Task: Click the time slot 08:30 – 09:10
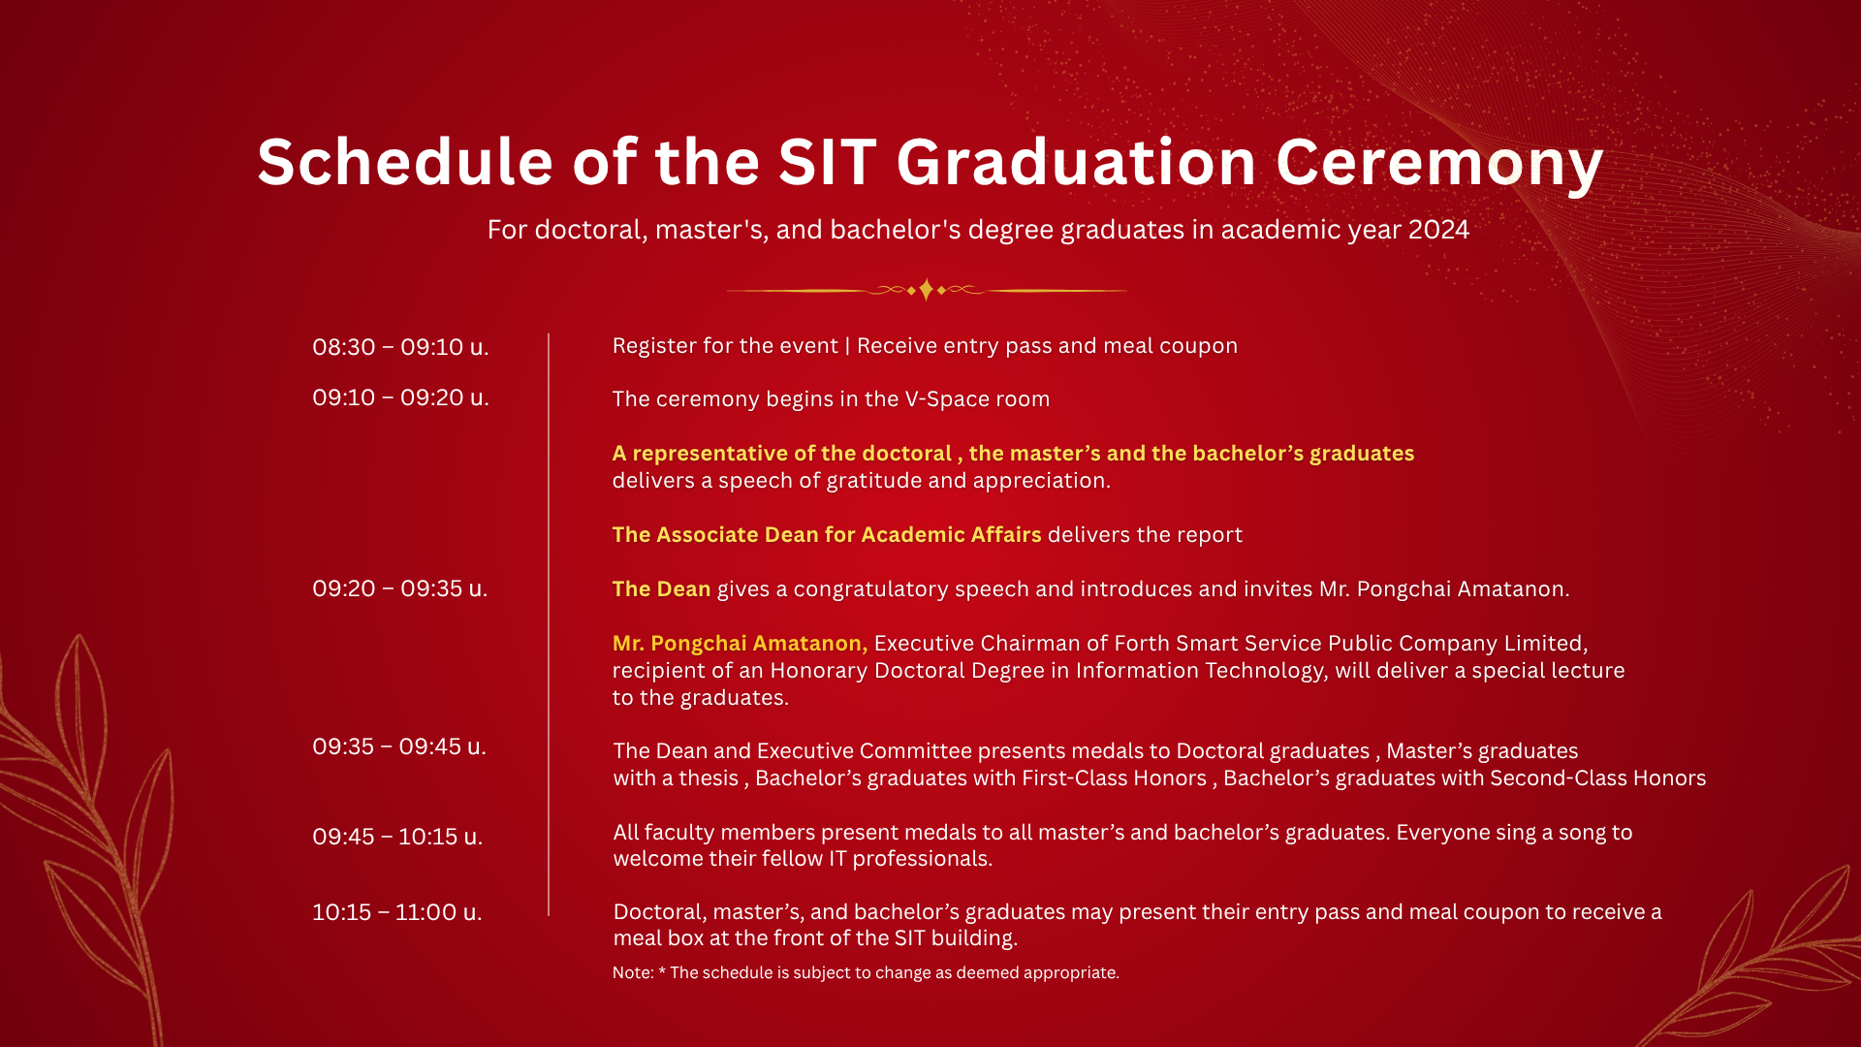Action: [x=400, y=347]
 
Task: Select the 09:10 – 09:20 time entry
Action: [x=400, y=397]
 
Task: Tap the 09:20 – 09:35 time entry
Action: [x=399, y=588]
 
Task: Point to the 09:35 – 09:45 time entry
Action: [x=399, y=746]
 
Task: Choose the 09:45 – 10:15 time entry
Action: [x=397, y=837]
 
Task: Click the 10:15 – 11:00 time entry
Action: [x=396, y=912]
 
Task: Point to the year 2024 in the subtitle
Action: [x=1438, y=230]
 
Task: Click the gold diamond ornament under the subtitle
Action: [x=927, y=290]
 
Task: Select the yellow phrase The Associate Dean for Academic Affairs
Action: [x=827, y=535]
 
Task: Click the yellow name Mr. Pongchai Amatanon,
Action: [x=741, y=644]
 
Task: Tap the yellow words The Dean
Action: [x=662, y=589]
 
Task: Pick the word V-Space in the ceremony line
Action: [x=946, y=399]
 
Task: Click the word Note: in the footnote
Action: [x=633, y=972]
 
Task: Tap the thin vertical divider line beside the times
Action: [x=549, y=624]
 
